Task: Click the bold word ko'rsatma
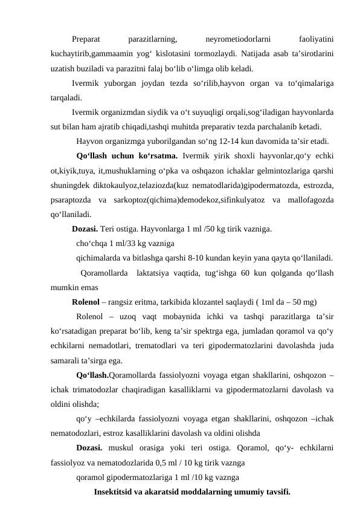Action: pyautogui.click(x=153, y=156)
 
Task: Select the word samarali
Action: pyautogui.click(x=69, y=360)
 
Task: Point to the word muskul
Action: pyautogui.click(x=126, y=448)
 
